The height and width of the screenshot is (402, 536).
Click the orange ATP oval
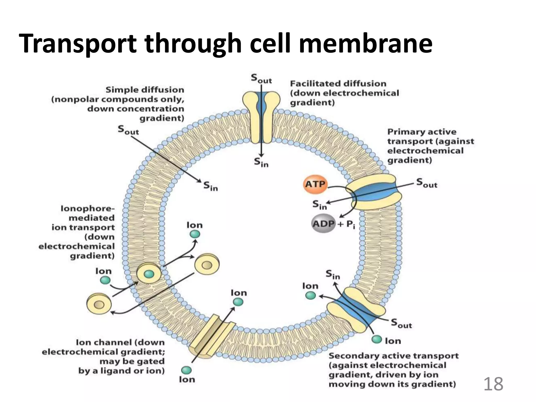coord(315,184)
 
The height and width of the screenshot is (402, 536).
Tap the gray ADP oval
coord(324,224)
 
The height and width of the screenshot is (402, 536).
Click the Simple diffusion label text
coord(145,90)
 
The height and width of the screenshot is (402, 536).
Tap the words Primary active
coord(422,132)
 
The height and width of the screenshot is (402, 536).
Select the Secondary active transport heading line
coord(393,356)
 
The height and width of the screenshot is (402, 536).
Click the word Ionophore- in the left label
coord(88,209)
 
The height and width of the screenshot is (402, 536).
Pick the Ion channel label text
coord(120,342)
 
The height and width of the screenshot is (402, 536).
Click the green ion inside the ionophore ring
coord(149,274)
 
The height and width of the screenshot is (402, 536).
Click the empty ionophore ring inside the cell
coord(207,265)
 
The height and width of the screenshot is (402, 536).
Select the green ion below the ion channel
coord(186,370)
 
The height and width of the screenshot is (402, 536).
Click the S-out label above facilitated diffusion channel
coord(261,79)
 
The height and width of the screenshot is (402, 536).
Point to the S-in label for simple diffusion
coord(210,186)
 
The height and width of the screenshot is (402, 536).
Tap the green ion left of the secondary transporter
coord(311,295)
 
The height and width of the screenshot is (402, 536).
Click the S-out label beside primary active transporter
coord(427,183)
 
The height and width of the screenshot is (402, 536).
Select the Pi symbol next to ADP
coord(351,225)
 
